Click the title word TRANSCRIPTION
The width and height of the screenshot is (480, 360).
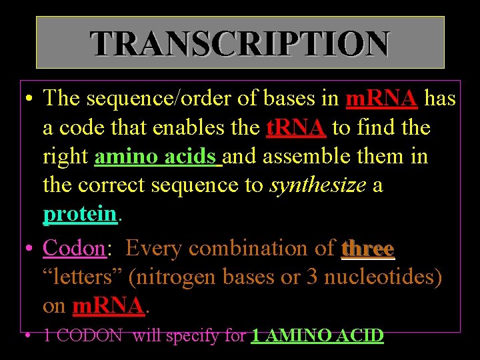point(240,44)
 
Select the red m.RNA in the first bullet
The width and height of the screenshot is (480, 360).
point(382,99)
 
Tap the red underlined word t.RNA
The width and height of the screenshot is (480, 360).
point(296,127)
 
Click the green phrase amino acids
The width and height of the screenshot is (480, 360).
point(157,157)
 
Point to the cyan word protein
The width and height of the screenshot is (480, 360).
point(80,214)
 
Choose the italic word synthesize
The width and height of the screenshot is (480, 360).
point(318,185)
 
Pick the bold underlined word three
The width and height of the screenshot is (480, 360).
point(368,248)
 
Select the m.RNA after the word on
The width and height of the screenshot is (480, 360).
point(108,305)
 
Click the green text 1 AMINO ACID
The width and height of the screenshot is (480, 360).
point(317,335)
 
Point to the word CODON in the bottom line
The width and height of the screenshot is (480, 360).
point(89,335)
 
